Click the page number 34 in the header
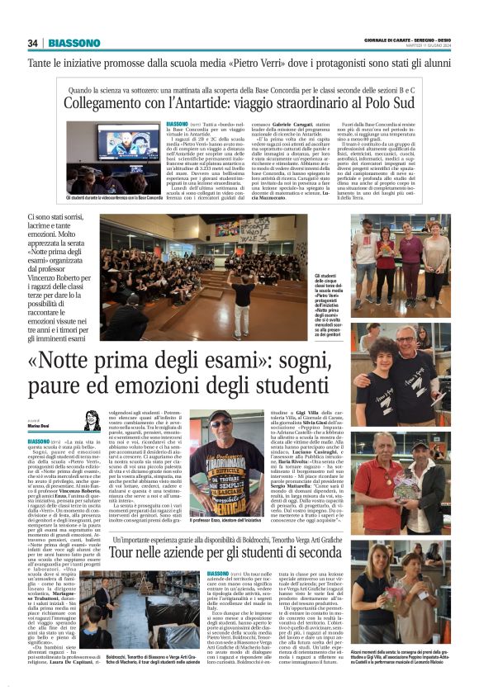(33, 43)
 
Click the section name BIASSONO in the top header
(74, 43)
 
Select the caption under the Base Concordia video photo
(114, 198)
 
